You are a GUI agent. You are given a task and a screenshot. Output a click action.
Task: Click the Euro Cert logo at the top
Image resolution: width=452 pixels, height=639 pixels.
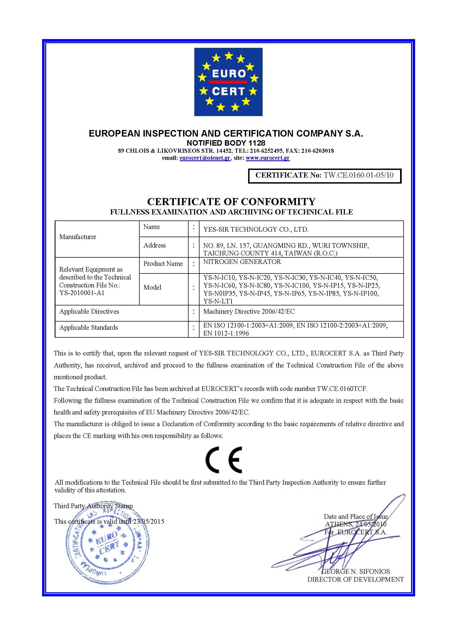(x=228, y=82)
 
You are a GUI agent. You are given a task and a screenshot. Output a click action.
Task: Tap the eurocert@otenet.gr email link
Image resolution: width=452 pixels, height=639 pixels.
(x=205, y=158)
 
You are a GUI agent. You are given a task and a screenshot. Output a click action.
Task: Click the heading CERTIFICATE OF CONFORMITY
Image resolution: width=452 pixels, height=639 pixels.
(x=231, y=201)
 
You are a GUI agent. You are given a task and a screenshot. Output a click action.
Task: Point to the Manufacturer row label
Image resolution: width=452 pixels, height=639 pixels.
(x=78, y=237)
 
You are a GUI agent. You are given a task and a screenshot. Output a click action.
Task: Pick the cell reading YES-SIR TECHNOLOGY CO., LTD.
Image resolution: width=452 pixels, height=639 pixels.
(x=256, y=229)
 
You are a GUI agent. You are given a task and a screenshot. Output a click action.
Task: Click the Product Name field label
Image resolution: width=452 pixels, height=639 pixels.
(x=163, y=264)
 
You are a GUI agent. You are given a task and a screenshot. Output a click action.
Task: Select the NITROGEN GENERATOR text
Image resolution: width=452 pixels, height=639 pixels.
(x=242, y=262)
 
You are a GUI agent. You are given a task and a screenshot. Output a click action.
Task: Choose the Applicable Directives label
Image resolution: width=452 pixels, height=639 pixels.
(x=89, y=311)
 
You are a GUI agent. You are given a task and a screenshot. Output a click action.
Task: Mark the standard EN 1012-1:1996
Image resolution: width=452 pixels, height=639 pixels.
(x=226, y=333)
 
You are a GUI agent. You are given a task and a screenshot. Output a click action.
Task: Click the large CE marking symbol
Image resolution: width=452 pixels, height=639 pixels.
(x=224, y=460)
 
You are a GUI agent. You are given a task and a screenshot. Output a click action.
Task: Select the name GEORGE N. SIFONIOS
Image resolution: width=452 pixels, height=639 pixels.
(x=356, y=571)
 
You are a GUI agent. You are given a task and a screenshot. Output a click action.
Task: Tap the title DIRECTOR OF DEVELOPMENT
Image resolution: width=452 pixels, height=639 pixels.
(x=356, y=579)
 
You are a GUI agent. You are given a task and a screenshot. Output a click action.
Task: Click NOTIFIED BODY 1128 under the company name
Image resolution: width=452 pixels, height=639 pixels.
(x=226, y=143)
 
